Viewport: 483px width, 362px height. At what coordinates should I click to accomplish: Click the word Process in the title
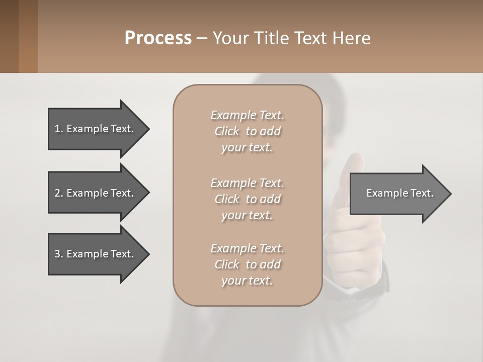(158, 38)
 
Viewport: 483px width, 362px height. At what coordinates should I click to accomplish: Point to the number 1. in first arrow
(59, 129)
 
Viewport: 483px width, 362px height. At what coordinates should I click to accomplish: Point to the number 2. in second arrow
(59, 193)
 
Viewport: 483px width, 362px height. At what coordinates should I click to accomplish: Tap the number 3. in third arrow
(59, 254)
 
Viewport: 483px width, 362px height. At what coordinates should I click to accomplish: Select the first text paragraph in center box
(247, 131)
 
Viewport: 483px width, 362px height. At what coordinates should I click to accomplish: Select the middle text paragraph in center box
(247, 199)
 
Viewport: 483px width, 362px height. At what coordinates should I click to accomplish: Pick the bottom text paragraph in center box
(247, 264)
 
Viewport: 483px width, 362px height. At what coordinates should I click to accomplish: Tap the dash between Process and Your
(201, 39)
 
